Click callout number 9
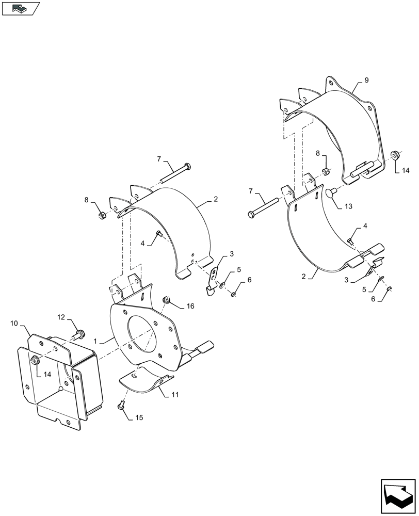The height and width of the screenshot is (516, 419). tap(366, 80)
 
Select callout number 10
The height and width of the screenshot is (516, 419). tap(13, 324)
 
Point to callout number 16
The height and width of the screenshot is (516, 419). tap(190, 306)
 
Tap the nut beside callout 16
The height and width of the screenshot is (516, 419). tap(167, 299)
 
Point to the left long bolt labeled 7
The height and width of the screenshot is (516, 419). tap(176, 173)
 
